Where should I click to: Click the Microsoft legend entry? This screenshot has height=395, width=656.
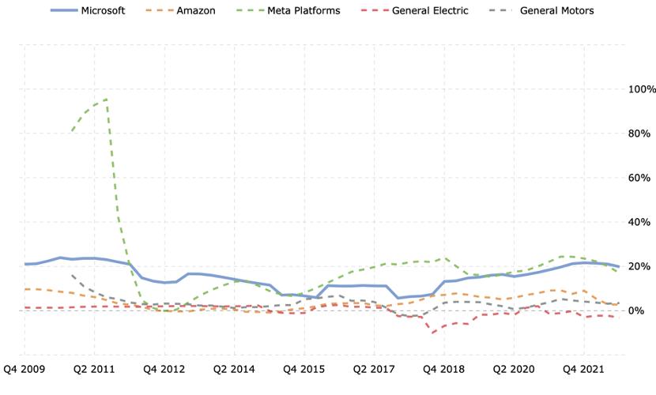pyautogui.click(x=88, y=10)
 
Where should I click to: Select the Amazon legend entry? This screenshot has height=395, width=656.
pyautogui.click(x=181, y=10)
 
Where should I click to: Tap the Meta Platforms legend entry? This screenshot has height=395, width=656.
pyautogui.click(x=288, y=10)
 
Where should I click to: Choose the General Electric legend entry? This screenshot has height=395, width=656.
pyautogui.click(x=414, y=10)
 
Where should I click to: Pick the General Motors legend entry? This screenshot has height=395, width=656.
pyautogui.click(x=541, y=10)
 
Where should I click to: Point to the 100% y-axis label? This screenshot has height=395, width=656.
pyautogui.click(x=642, y=89)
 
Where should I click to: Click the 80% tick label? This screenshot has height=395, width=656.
pyautogui.click(x=639, y=134)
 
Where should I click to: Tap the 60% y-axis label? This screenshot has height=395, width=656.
pyautogui.click(x=639, y=178)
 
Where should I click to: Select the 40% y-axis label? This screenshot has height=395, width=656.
pyautogui.click(x=639, y=222)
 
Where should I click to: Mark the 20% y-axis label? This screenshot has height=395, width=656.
pyautogui.click(x=639, y=266)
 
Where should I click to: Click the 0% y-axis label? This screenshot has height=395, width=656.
pyautogui.click(x=637, y=310)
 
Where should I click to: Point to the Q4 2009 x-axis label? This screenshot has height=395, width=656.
pyautogui.click(x=25, y=369)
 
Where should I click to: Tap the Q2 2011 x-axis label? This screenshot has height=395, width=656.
pyautogui.click(x=94, y=369)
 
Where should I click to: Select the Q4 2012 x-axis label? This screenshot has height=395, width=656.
pyautogui.click(x=164, y=369)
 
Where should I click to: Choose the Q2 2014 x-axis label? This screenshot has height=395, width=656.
pyautogui.click(x=234, y=369)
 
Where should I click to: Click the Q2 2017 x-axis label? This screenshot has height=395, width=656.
pyautogui.click(x=374, y=369)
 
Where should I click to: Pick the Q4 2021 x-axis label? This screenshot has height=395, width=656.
pyautogui.click(x=583, y=369)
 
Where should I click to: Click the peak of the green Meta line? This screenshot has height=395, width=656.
pyautogui.click(x=107, y=99)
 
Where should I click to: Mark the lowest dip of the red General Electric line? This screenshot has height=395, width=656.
pyautogui.click(x=432, y=333)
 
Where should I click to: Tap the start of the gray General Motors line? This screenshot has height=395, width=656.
pyautogui.click(x=72, y=275)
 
